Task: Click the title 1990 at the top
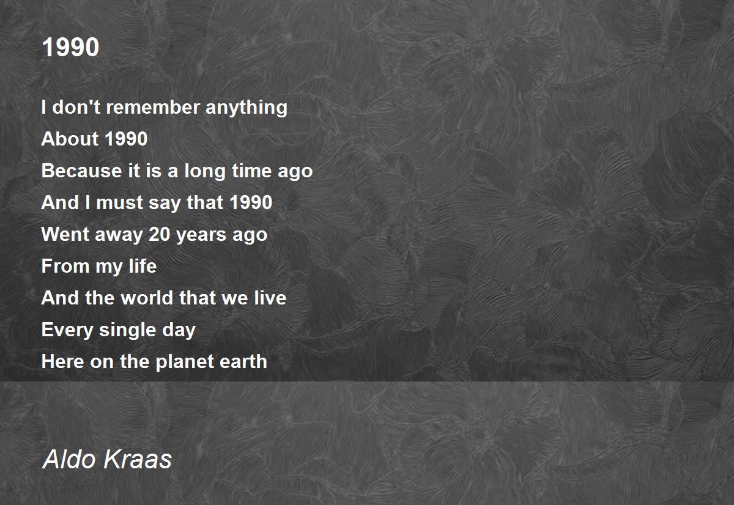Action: tap(70, 47)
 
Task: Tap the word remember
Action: tap(153, 107)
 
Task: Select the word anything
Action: tap(247, 108)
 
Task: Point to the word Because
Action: tap(81, 171)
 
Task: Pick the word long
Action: tap(204, 171)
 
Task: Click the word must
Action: tap(120, 203)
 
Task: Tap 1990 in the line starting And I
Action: tap(251, 202)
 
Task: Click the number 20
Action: tap(159, 234)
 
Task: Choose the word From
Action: tap(65, 266)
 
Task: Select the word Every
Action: tap(67, 330)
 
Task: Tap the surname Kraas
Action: tap(137, 459)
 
